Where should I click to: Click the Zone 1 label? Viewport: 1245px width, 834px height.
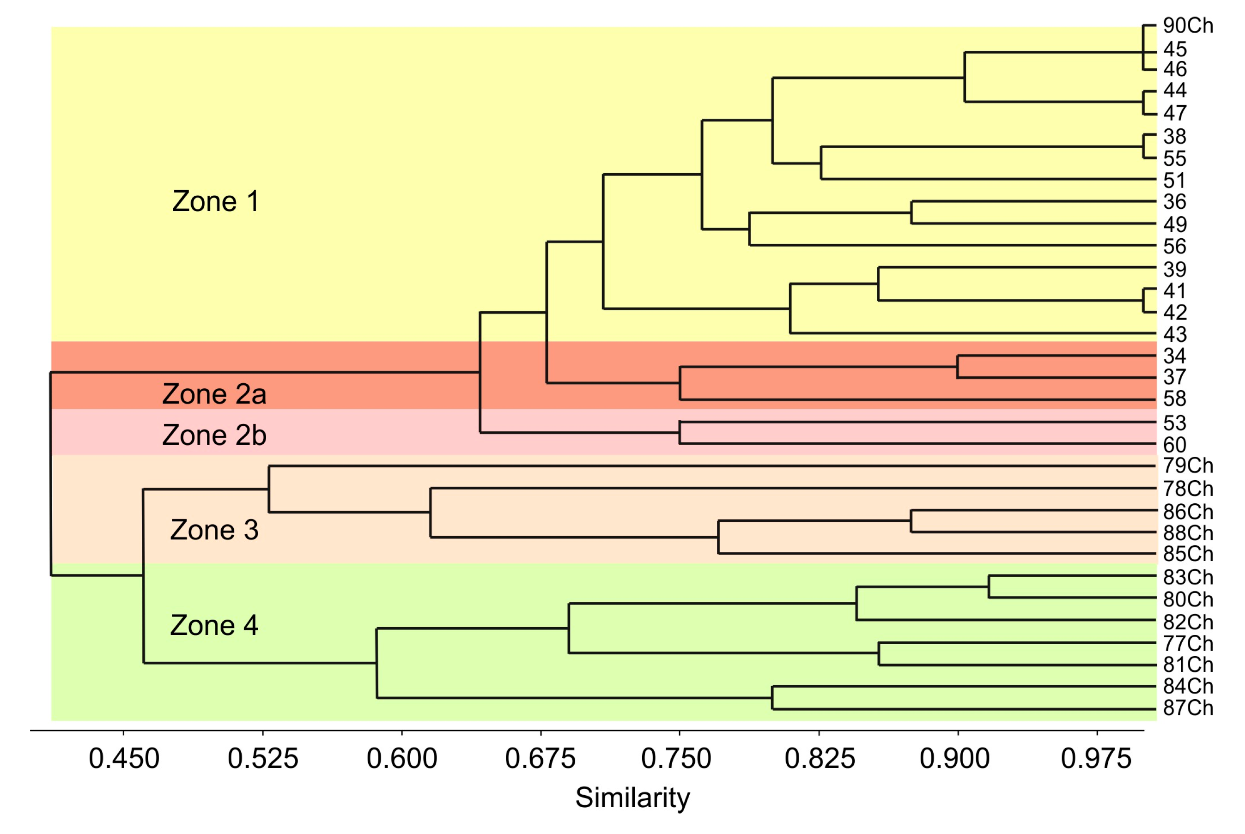click(x=215, y=202)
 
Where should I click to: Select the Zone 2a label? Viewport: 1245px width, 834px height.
click(x=214, y=394)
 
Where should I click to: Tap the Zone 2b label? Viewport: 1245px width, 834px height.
click(x=214, y=435)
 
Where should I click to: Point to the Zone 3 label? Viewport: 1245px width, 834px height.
click(x=214, y=530)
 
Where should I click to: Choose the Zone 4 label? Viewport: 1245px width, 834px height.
click(x=214, y=625)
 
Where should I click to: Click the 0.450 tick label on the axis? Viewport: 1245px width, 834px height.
click(x=123, y=758)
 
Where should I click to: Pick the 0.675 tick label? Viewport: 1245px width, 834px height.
click(x=540, y=758)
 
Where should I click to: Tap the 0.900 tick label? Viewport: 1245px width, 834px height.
click(x=954, y=758)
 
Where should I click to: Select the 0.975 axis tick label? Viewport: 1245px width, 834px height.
click(x=1096, y=758)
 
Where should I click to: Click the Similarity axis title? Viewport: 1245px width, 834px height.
click(x=632, y=798)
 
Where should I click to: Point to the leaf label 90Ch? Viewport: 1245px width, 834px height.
click(x=1188, y=25)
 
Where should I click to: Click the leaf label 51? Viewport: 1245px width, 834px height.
click(x=1174, y=181)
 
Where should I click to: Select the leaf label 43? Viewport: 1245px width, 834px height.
click(x=1174, y=334)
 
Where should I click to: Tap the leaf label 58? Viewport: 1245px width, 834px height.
click(x=1174, y=399)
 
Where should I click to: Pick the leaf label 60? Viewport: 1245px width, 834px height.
click(x=1174, y=445)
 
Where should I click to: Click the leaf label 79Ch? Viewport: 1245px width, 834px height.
click(x=1188, y=466)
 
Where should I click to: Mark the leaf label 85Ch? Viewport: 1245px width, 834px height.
click(x=1188, y=554)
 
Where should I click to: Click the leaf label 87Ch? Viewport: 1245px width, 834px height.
click(x=1188, y=708)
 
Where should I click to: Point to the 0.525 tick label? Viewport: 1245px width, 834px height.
click(x=263, y=758)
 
